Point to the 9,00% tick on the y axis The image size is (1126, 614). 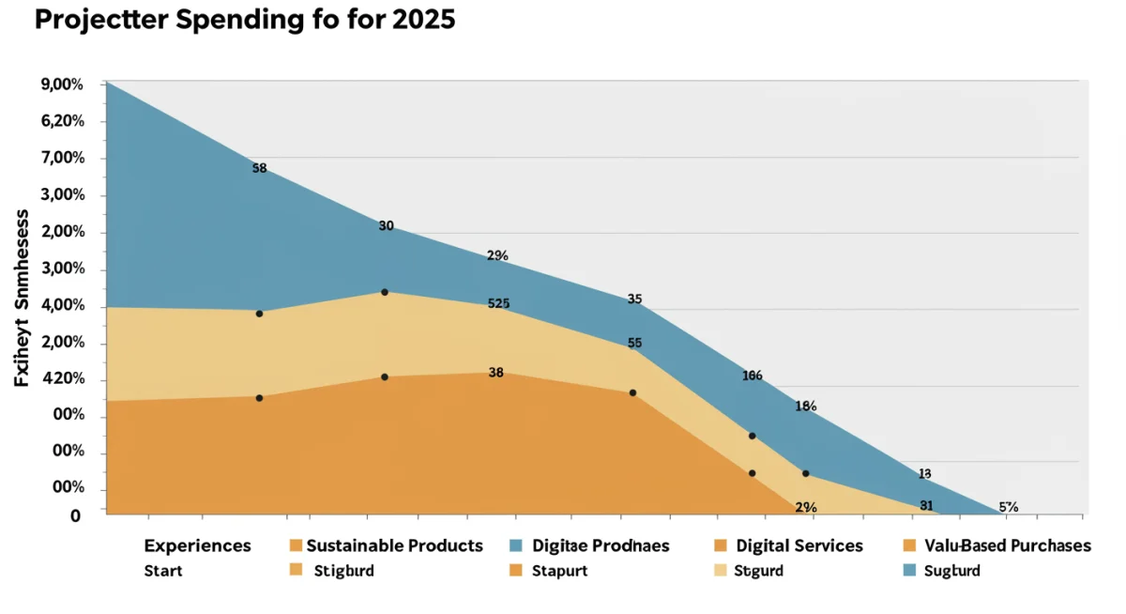coord(63,84)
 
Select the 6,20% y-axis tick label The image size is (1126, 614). coord(63,121)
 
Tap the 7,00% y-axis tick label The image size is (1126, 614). coord(63,158)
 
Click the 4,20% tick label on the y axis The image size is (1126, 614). coord(63,379)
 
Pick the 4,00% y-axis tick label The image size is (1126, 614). coord(63,306)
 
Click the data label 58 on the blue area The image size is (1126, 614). coord(260,169)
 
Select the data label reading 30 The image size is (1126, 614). coord(386,225)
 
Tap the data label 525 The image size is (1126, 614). coord(498,303)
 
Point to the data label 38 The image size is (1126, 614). coord(496,372)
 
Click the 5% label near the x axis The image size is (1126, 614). coord(1008,506)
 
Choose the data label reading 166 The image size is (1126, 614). coord(752,376)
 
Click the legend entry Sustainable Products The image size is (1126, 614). coord(394,545)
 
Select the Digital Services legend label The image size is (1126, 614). coord(799,545)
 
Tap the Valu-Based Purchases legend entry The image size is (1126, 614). coord(1007,545)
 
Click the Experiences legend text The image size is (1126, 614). coord(197,545)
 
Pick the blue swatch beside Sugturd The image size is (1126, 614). coord(908,570)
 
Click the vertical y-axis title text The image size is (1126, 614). coord(22,298)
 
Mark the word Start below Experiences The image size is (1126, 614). coord(163,571)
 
